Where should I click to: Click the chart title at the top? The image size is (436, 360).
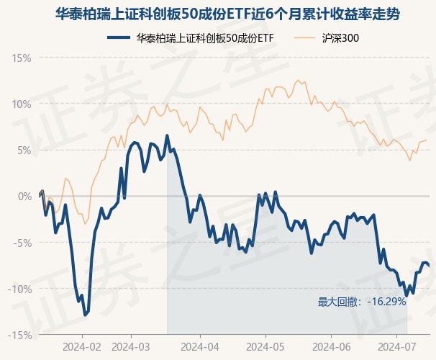218,14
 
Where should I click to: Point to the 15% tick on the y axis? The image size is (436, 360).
22,58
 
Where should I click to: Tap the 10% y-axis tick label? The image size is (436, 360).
22,104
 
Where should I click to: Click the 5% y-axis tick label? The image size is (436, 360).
24,150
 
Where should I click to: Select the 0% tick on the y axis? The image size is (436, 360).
24,196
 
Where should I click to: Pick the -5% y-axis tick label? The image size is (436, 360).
22,243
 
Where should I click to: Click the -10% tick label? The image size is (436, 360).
19,289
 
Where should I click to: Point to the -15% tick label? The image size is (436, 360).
19,335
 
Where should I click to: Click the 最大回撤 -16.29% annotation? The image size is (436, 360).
362,302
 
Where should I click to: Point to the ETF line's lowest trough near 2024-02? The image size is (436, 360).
86,315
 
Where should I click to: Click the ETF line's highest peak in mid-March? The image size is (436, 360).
167,135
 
